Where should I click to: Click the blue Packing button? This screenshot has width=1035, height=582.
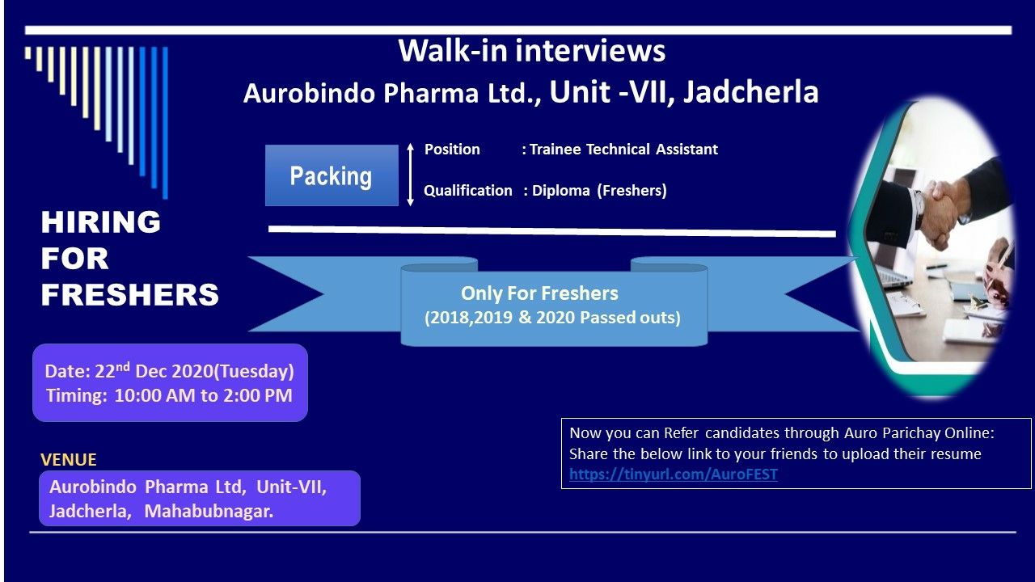click(x=332, y=175)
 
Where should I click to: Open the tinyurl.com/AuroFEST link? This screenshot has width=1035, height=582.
click(x=673, y=474)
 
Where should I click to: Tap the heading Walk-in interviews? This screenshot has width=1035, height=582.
click(x=531, y=51)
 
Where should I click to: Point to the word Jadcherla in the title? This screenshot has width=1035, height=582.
click(x=750, y=92)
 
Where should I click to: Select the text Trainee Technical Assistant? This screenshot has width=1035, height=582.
click(x=623, y=150)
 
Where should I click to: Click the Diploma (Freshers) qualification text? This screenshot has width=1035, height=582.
click(x=599, y=191)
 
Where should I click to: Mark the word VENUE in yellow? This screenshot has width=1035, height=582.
click(x=69, y=459)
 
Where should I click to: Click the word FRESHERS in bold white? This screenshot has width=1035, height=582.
click(x=129, y=295)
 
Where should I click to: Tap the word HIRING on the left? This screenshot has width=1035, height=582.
click(x=100, y=221)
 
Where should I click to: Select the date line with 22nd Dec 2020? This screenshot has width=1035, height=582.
click(x=169, y=371)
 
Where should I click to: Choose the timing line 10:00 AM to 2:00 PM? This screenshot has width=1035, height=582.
click(x=169, y=396)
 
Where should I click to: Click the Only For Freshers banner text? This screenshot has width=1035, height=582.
click(x=539, y=293)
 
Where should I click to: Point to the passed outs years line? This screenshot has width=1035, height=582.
click(x=552, y=318)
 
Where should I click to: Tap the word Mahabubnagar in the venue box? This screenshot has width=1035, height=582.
click(x=209, y=512)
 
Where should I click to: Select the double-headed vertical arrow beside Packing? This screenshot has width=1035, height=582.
click(x=410, y=175)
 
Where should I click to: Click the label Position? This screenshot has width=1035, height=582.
click(x=452, y=150)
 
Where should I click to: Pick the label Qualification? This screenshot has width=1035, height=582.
click(x=468, y=191)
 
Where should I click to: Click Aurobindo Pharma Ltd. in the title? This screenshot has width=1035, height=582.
click(x=391, y=94)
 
